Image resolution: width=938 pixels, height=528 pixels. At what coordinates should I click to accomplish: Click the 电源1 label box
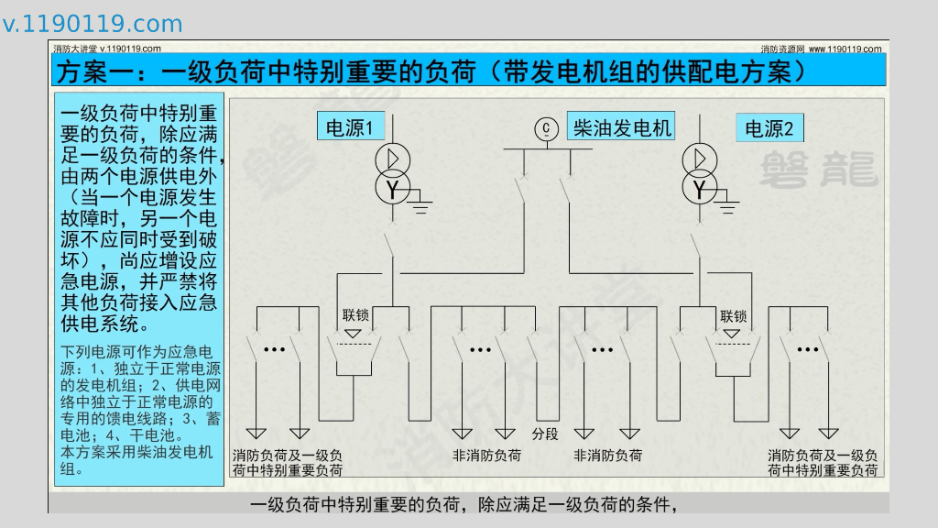(350, 128)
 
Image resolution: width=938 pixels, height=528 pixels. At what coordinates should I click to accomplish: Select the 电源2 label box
(769, 128)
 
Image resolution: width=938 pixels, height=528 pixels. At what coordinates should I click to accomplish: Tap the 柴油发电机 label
(622, 126)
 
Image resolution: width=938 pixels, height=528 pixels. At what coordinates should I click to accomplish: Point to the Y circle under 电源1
(392, 189)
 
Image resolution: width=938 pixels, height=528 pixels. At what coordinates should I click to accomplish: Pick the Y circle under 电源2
(701, 189)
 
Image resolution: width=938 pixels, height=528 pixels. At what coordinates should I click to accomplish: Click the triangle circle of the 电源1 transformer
(392, 159)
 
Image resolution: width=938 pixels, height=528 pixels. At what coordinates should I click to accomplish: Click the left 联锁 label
(356, 315)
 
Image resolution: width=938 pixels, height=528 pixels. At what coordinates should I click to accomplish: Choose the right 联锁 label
(734, 316)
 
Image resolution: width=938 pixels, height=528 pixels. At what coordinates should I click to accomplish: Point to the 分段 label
(545, 434)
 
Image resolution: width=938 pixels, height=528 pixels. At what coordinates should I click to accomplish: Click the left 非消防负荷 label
(486, 456)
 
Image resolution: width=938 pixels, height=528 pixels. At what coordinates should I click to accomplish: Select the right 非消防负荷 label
(607, 456)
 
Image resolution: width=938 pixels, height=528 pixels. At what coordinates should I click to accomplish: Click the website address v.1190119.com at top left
(93, 24)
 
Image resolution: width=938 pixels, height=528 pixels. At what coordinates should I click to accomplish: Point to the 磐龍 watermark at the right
(818, 170)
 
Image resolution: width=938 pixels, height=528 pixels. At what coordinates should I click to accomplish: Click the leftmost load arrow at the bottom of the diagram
(257, 434)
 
